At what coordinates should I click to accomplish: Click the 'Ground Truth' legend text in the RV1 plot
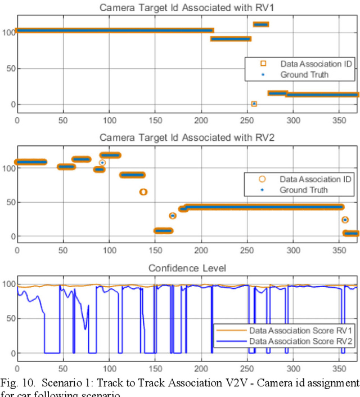[x=304, y=74]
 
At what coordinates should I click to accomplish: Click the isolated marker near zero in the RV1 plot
[x=254, y=104]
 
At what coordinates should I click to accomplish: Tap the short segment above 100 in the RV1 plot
[x=261, y=24]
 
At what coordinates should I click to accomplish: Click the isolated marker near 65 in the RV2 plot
[x=143, y=192]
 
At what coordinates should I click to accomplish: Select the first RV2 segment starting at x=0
[x=31, y=162]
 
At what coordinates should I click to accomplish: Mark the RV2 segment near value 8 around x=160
[x=163, y=230]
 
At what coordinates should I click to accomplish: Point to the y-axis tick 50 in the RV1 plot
[x=10, y=69]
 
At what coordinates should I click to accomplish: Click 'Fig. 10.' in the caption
[x=16, y=383]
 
